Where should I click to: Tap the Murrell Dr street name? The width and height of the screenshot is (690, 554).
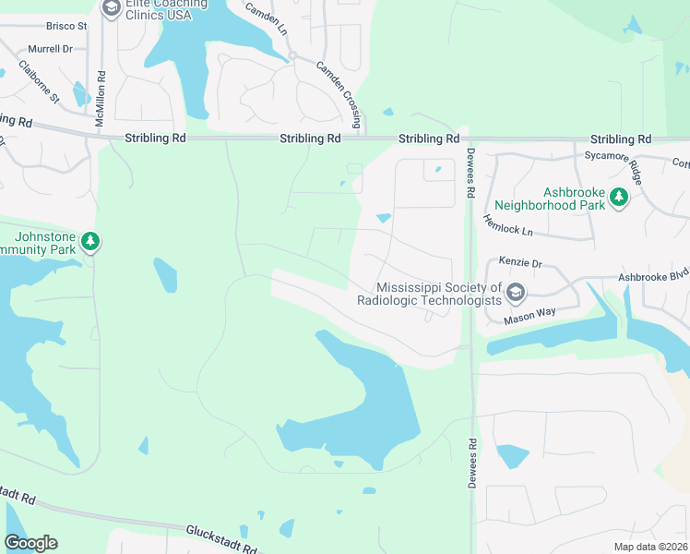click(x=50, y=49)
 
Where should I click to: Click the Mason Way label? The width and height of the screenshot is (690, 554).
click(x=529, y=316)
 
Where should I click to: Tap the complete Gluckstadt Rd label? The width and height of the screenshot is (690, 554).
click(x=226, y=533)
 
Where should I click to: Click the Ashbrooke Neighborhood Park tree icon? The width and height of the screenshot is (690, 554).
click(x=618, y=197)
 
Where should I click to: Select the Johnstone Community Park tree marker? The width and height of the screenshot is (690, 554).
click(x=90, y=242)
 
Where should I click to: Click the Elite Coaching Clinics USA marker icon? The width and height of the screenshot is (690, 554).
click(x=111, y=9)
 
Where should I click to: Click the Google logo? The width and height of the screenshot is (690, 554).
click(x=30, y=543)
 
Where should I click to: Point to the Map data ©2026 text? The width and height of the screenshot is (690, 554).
click(x=649, y=546)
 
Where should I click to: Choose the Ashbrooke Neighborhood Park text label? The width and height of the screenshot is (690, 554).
click(x=550, y=197)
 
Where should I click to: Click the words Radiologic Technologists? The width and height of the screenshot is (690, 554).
click(x=429, y=300)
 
